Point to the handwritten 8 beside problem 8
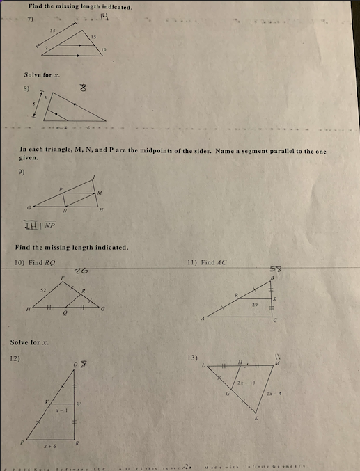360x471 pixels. point(84,88)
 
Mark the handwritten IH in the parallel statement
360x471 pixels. point(33,225)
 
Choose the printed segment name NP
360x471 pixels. point(51,225)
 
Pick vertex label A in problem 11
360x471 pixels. point(203,319)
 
